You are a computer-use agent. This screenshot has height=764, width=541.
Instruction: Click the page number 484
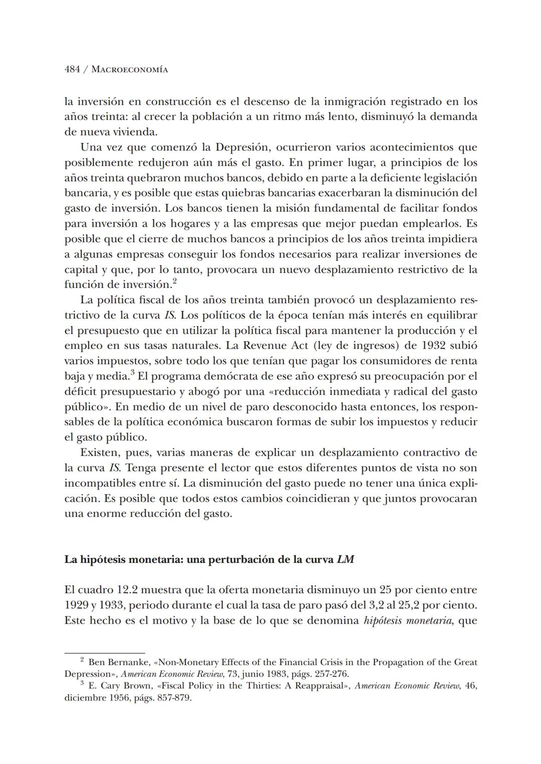pos(72,70)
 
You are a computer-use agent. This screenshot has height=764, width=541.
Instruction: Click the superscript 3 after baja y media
pos(132,373)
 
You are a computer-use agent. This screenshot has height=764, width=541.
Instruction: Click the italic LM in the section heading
pos(346,559)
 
